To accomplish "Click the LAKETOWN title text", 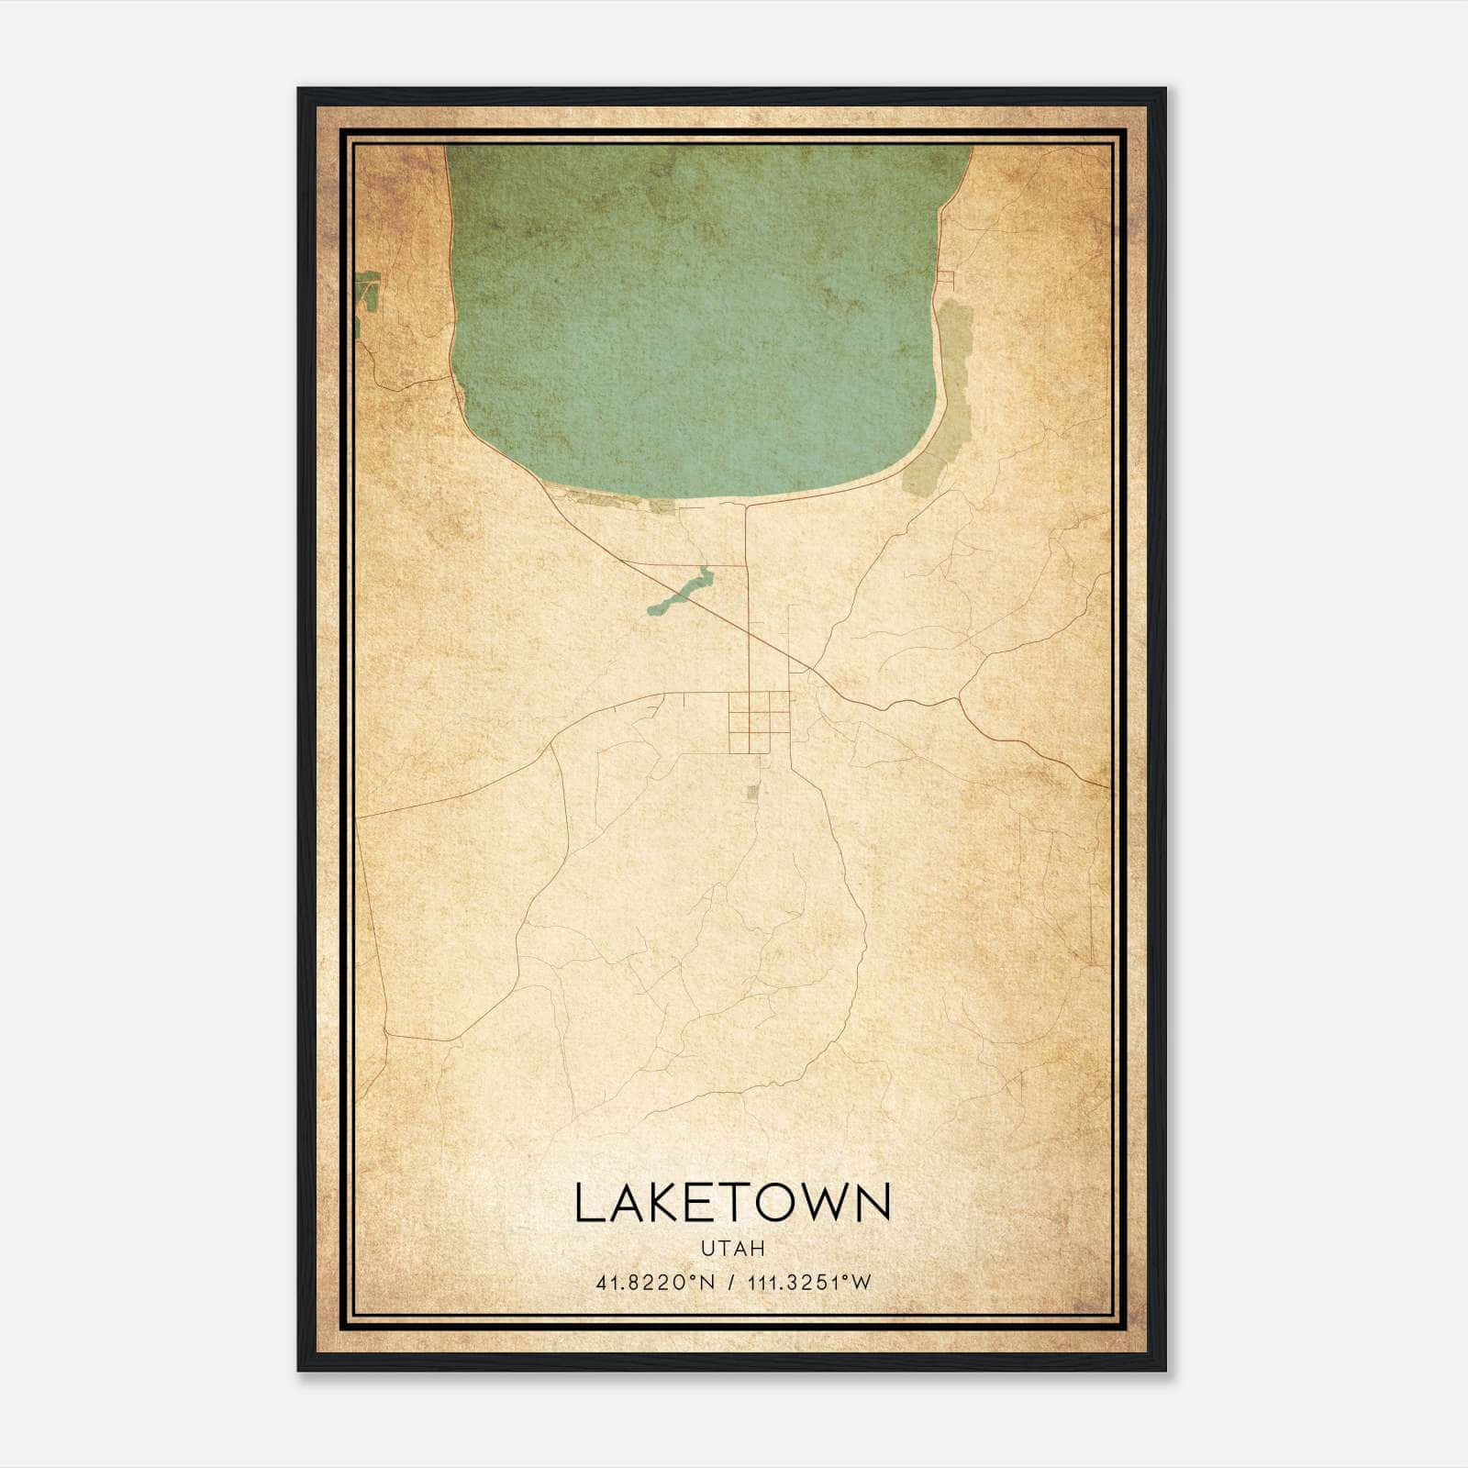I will (x=732, y=1203).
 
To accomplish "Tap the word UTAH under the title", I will (x=732, y=1249).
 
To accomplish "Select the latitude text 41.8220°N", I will (x=654, y=1283).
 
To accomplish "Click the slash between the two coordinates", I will (x=731, y=1283).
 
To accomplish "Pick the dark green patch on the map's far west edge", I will (x=367, y=292).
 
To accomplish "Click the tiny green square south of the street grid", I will (x=752, y=791).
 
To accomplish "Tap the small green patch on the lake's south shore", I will (x=662, y=506).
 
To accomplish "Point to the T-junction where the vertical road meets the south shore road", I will (x=746, y=504).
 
